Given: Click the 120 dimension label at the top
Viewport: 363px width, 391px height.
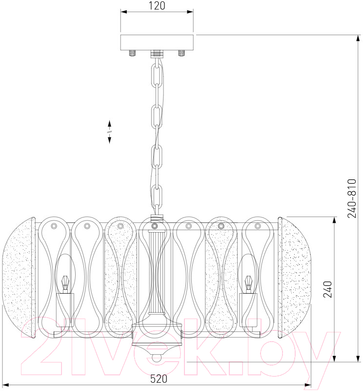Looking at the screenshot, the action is tap(157, 6).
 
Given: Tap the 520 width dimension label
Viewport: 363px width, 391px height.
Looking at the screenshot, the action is tap(159, 379).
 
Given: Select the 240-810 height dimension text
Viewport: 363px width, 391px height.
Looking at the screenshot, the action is tap(352, 198).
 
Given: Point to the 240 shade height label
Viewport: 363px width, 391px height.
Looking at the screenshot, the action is tap(328, 289).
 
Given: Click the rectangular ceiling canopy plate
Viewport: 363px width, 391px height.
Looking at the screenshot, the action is tap(157, 43).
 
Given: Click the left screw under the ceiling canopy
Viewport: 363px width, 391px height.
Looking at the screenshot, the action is tap(132, 53).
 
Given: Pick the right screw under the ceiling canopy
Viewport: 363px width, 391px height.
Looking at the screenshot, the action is tap(182, 53).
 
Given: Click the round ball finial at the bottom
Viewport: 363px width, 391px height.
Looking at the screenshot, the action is tap(157, 358).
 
